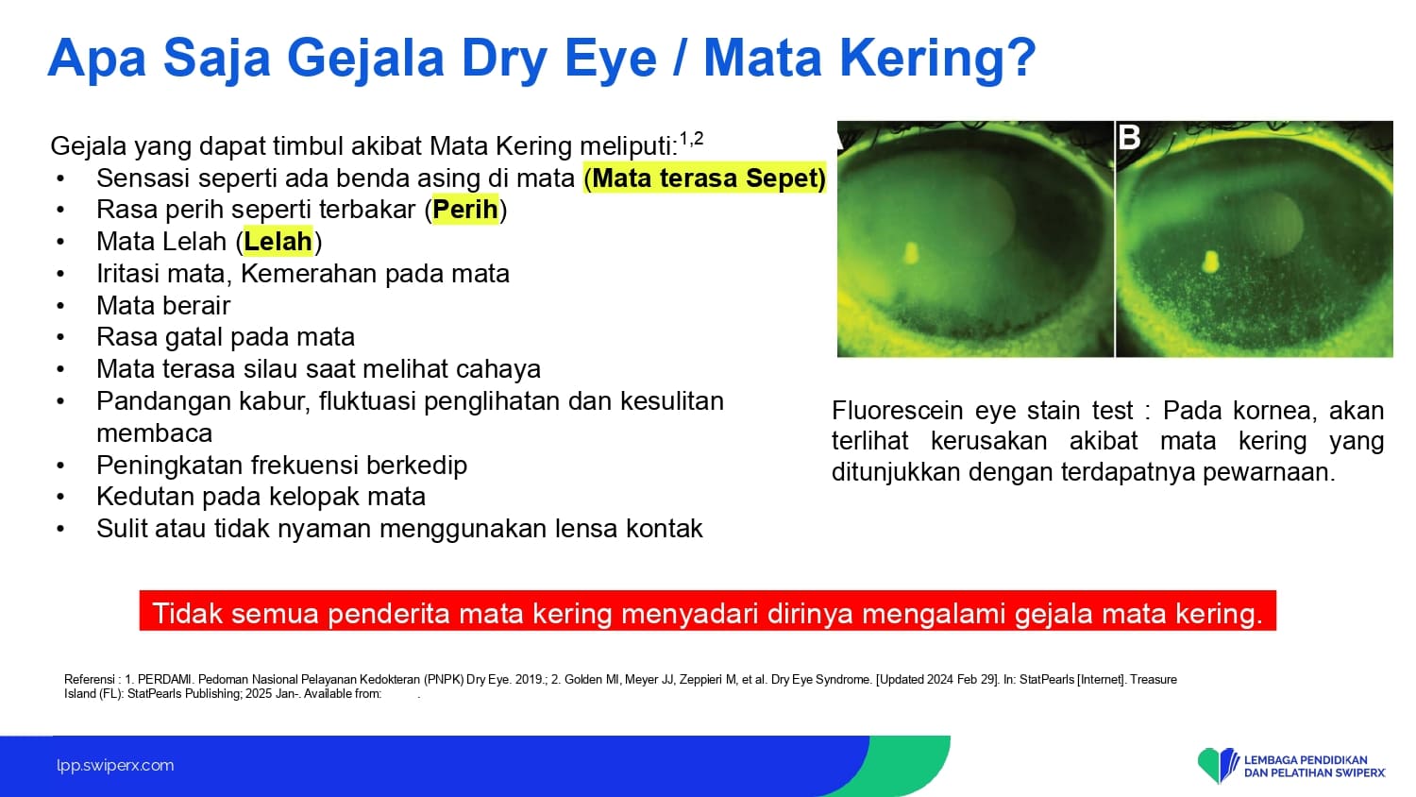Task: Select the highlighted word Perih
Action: tap(465, 210)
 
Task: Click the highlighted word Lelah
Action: tap(278, 241)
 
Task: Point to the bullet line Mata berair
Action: tap(163, 306)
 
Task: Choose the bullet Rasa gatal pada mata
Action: tap(225, 337)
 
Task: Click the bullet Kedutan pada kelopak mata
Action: tap(261, 497)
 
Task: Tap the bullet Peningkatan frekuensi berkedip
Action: tap(281, 465)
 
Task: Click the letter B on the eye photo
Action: tap(1129, 137)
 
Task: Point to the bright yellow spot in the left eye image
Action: tap(911, 253)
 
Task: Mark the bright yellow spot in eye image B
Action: tap(1210, 262)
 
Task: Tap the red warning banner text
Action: tap(707, 613)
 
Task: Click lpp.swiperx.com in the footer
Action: tap(115, 766)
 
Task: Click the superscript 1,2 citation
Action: tap(691, 139)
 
